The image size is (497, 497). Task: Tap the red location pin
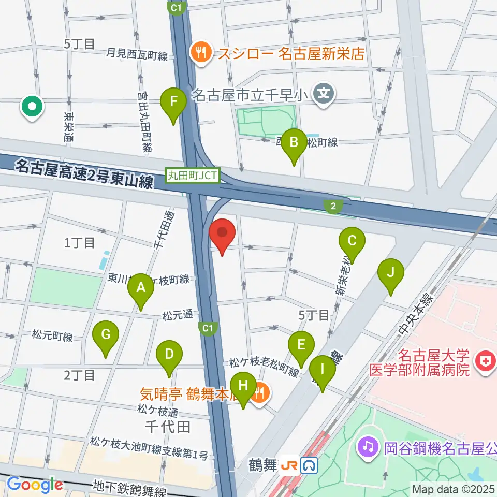pos(223,234)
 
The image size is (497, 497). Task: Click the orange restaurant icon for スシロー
pos(199,52)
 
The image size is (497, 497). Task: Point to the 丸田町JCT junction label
pos(193,176)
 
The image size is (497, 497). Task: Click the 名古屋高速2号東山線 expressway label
pos(84,173)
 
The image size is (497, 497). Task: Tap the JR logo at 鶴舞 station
pos(289,466)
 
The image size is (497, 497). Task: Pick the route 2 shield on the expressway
pos(333,207)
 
